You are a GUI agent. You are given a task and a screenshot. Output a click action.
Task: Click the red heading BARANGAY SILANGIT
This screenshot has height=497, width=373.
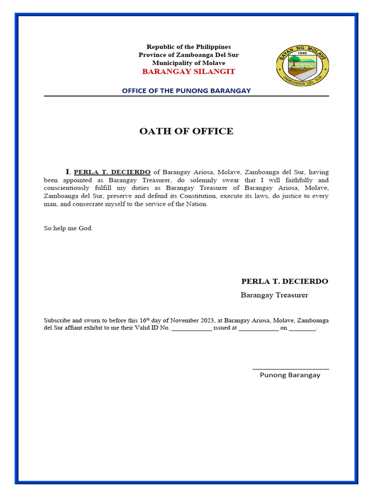(x=188, y=71)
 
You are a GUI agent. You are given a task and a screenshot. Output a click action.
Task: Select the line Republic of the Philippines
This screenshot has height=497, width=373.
(x=188, y=47)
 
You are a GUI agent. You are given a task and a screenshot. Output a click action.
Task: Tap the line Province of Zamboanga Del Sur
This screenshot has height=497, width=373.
(x=188, y=55)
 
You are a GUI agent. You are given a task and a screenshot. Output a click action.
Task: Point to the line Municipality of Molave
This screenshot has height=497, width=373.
(x=188, y=63)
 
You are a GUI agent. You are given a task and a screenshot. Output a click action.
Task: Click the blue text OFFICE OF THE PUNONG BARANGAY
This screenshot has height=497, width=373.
(x=186, y=91)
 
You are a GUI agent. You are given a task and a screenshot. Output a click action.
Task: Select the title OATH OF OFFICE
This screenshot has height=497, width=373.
(x=186, y=131)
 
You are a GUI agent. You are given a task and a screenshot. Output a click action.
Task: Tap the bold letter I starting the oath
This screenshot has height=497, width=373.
(x=68, y=172)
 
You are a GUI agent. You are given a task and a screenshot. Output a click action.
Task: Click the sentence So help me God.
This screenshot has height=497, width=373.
(x=68, y=228)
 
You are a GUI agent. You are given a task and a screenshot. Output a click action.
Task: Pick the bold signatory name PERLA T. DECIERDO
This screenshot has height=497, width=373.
(x=285, y=282)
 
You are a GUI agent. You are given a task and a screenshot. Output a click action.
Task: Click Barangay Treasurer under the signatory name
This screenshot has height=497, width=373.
(x=274, y=295)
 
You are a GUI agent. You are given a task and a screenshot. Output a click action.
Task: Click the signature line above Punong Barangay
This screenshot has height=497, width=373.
(x=290, y=369)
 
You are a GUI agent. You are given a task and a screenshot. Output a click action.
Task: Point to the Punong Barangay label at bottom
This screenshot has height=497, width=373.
(x=290, y=375)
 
